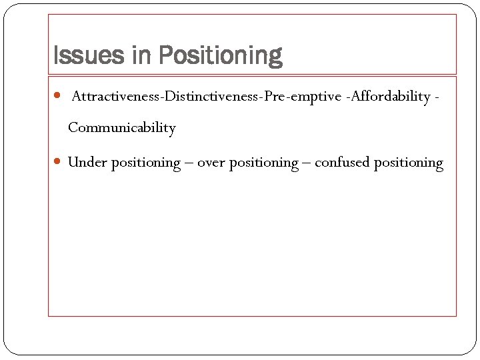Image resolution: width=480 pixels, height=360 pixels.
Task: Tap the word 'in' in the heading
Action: pyautogui.click(x=141, y=56)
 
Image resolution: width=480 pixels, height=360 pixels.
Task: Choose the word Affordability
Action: pyautogui.click(x=390, y=97)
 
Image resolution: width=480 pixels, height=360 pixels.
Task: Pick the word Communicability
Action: pyautogui.click(x=121, y=128)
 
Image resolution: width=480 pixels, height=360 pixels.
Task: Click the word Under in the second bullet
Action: pyautogui.click(x=87, y=163)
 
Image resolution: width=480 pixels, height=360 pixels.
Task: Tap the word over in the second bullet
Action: pyautogui.click(x=211, y=163)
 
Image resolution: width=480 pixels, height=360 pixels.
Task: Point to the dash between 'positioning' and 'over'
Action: pyautogui.click(x=189, y=163)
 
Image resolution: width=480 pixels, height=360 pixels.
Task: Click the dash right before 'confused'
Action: pyautogui.click(x=307, y=163)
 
